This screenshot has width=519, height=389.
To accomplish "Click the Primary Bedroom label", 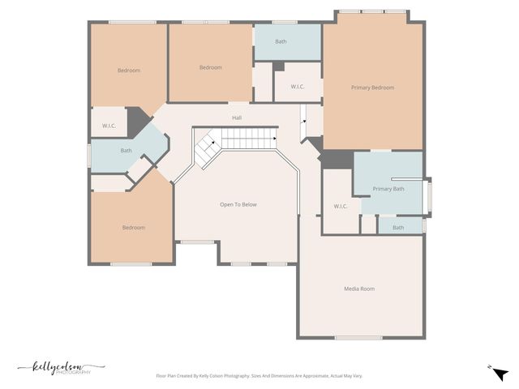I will [x=372, y=87].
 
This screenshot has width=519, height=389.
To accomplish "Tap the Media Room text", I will [x=359, y=289].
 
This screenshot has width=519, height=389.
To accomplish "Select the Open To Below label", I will [x=238, y=204].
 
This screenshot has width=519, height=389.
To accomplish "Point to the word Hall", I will [x=237, y=118].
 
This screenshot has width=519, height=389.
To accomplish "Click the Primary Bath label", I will [x=388, y=189].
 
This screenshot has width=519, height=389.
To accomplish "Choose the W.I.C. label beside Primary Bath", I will [x=341, y=206].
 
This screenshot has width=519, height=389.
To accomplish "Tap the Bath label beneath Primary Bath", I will [x=398, y=227].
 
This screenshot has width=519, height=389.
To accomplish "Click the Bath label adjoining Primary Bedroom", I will [x=281, y=41].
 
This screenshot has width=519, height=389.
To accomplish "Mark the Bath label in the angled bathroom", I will [x=127, y=150].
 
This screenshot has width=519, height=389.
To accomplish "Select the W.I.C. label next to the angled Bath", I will [x=109, y=126].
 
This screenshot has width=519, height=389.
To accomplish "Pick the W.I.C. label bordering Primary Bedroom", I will [x=297, y=87].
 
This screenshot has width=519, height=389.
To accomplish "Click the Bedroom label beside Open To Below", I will [x=133, y=228].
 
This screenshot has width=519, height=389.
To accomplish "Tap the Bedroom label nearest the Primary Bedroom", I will [x=210, y=67].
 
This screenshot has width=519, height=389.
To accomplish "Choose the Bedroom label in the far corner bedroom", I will [x=128, y=71].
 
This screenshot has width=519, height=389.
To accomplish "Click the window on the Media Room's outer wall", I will [x=358, y=337].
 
